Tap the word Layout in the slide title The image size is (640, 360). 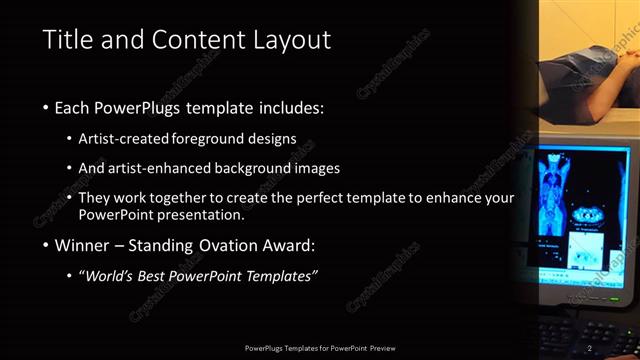(x=290, y=40)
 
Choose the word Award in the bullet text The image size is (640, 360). (x=284, y=244)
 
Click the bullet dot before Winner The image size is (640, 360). (x=46, y=245)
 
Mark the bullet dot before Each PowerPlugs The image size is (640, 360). (x=46, y=107)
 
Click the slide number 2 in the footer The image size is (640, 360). (x=590, y=347)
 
